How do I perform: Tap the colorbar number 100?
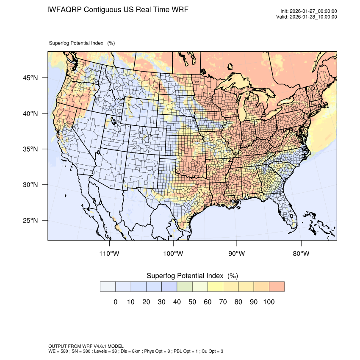(269, 302)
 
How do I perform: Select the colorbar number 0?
(115, 302)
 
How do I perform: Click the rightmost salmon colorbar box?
(277, 286)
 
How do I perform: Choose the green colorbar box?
(185, 286)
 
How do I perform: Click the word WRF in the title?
(178, 9)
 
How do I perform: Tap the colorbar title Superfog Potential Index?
(185, 276)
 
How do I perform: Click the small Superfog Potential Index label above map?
(76, 43)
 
